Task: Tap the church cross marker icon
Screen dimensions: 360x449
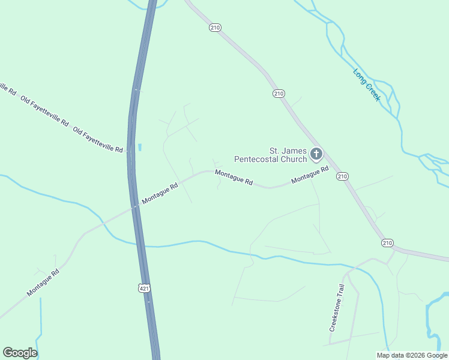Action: coord(316,155)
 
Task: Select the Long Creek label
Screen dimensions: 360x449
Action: coord(366,85)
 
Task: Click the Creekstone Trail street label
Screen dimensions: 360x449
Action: coord(338,308)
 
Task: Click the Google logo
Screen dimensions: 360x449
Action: coord(20,353)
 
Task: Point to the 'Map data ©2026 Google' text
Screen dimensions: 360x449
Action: coord(412,355)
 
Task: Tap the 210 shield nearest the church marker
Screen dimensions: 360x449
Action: coord(342,176)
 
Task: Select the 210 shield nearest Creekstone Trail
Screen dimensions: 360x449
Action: coord(387,242)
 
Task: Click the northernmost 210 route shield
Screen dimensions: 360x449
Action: coord(215,28)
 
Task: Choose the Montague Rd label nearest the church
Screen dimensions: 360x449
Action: coord(310,175)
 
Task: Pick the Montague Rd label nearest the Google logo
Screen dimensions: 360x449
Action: coord(43,283)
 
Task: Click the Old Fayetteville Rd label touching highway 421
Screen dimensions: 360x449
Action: coord(98,139)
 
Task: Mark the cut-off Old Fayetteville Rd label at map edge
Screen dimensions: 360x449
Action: coord(7,88)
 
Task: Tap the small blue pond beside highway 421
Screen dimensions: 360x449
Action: coord(140,146)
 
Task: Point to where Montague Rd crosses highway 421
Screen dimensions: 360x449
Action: coord(134,206)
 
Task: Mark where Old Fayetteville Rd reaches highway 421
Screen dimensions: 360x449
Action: coord(129,152)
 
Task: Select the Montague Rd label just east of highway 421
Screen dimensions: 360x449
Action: coord(160,193)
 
